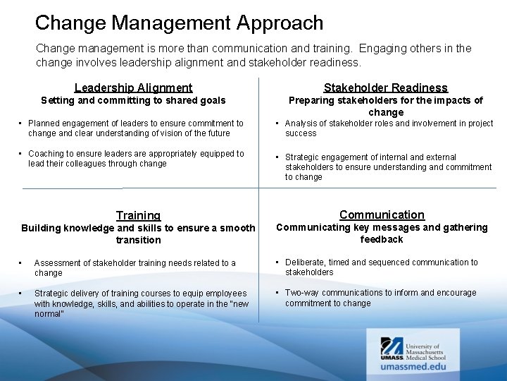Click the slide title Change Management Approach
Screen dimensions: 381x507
[179, 23]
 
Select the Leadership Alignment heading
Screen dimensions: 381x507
[133, 87]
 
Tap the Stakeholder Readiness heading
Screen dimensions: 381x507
[385, 87]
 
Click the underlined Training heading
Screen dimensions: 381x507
[138, 215]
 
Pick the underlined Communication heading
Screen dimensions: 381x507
[382, 214]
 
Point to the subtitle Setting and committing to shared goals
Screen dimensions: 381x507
[133, 101]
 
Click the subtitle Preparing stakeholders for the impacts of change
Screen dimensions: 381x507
[385, 107]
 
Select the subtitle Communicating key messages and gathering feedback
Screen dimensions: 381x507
[382, 234]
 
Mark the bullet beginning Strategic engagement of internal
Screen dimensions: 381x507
[388, 167]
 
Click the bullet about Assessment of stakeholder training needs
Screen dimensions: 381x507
[134, 268]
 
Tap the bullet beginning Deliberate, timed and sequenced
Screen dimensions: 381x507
[381, 267]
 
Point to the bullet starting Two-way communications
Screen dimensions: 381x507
[380, 298]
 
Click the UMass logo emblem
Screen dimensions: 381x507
[392, 347]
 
